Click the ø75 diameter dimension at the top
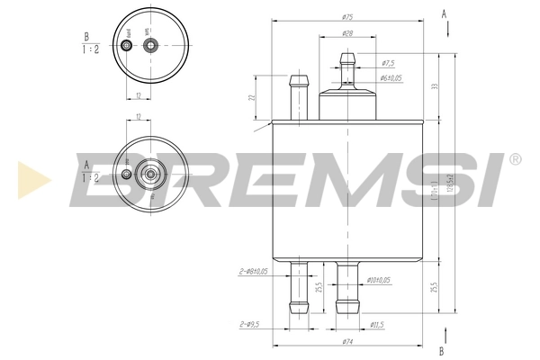click(x=346, y=17)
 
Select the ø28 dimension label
click(x=346, y=33)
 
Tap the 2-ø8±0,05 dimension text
click(x=255, y=271)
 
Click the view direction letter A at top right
click(x=444, y=13)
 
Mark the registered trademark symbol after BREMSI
click(x=514, y=159)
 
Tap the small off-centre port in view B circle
click(x=126, y=45)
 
